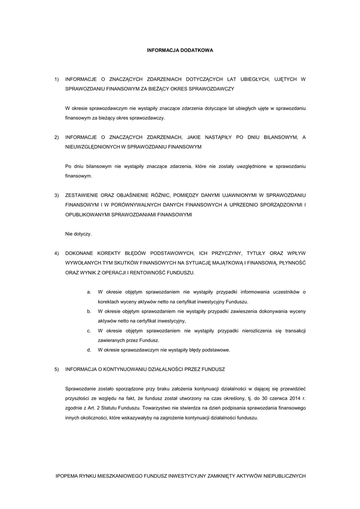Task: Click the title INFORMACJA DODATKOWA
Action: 180,50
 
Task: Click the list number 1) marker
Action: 57,79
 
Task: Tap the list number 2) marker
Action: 57,137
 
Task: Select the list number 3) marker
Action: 57,195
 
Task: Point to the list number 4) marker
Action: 57,254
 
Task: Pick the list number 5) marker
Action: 57,369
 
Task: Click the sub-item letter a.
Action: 89,292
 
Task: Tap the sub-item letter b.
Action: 89,311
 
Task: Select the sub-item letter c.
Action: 89,331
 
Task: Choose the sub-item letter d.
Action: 89,350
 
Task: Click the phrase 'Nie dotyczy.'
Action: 79,234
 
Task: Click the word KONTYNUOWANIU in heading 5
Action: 122,369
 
